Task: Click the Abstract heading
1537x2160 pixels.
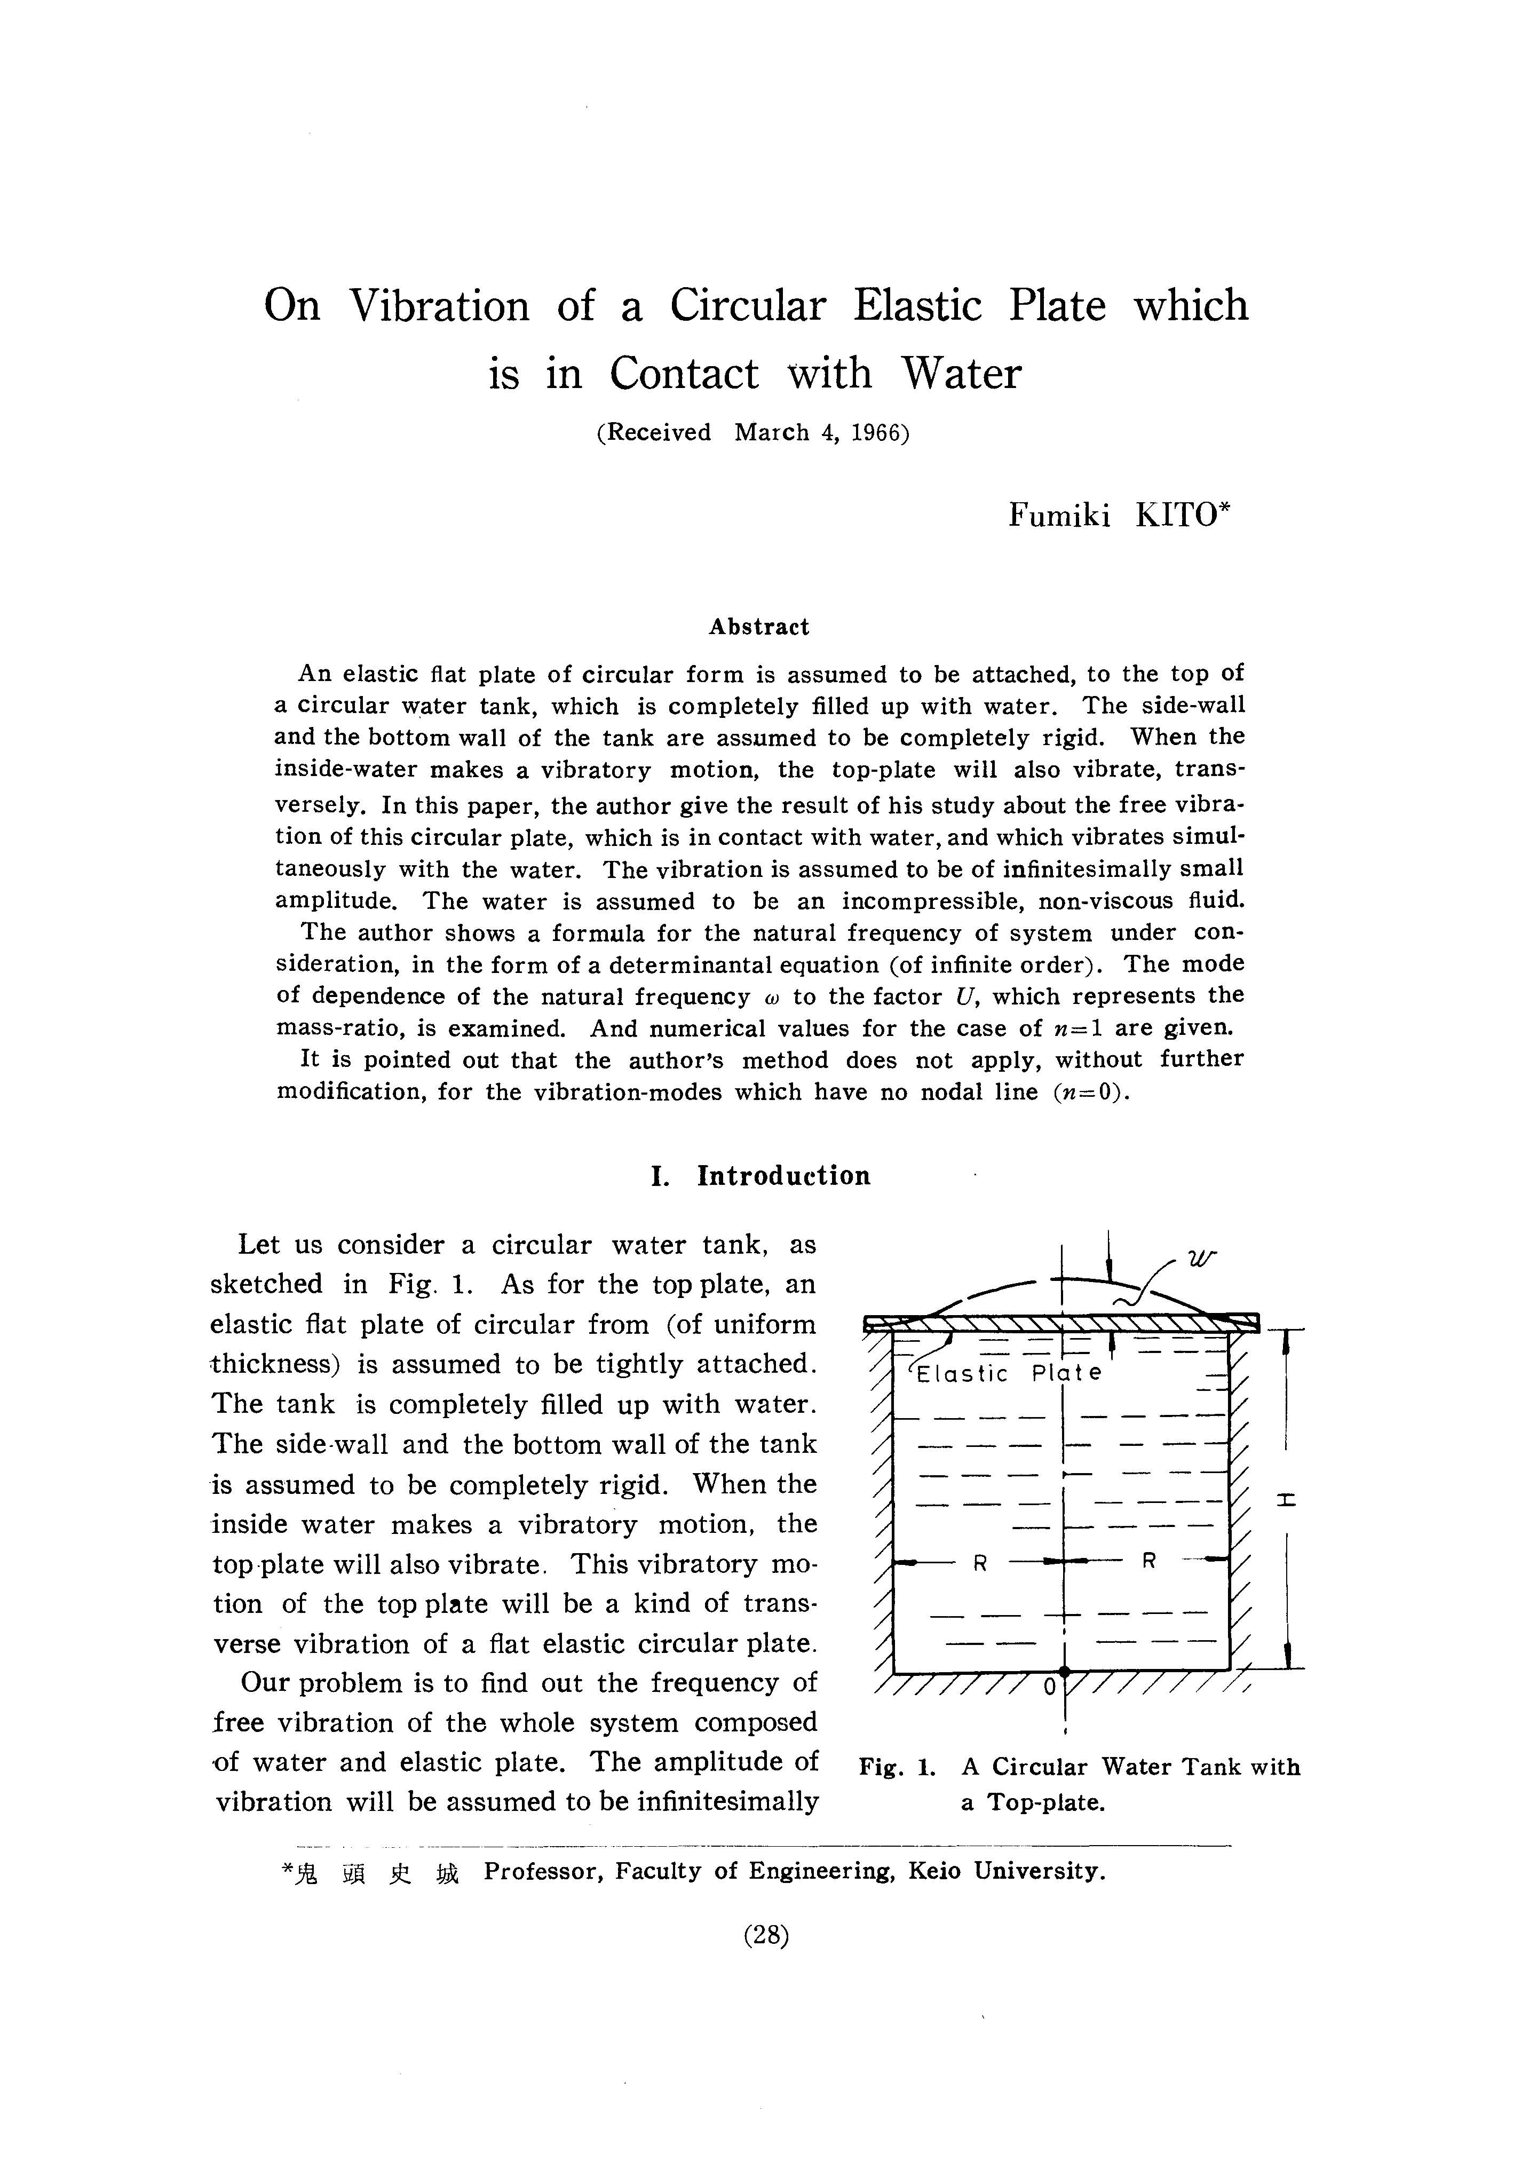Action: point(759,627)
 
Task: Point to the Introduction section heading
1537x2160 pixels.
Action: point(783,1176)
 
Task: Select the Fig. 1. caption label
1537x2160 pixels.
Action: point(896,1767)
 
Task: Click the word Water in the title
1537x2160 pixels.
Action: point(961,373)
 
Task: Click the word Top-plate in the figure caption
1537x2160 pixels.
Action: point(1046,1802)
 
